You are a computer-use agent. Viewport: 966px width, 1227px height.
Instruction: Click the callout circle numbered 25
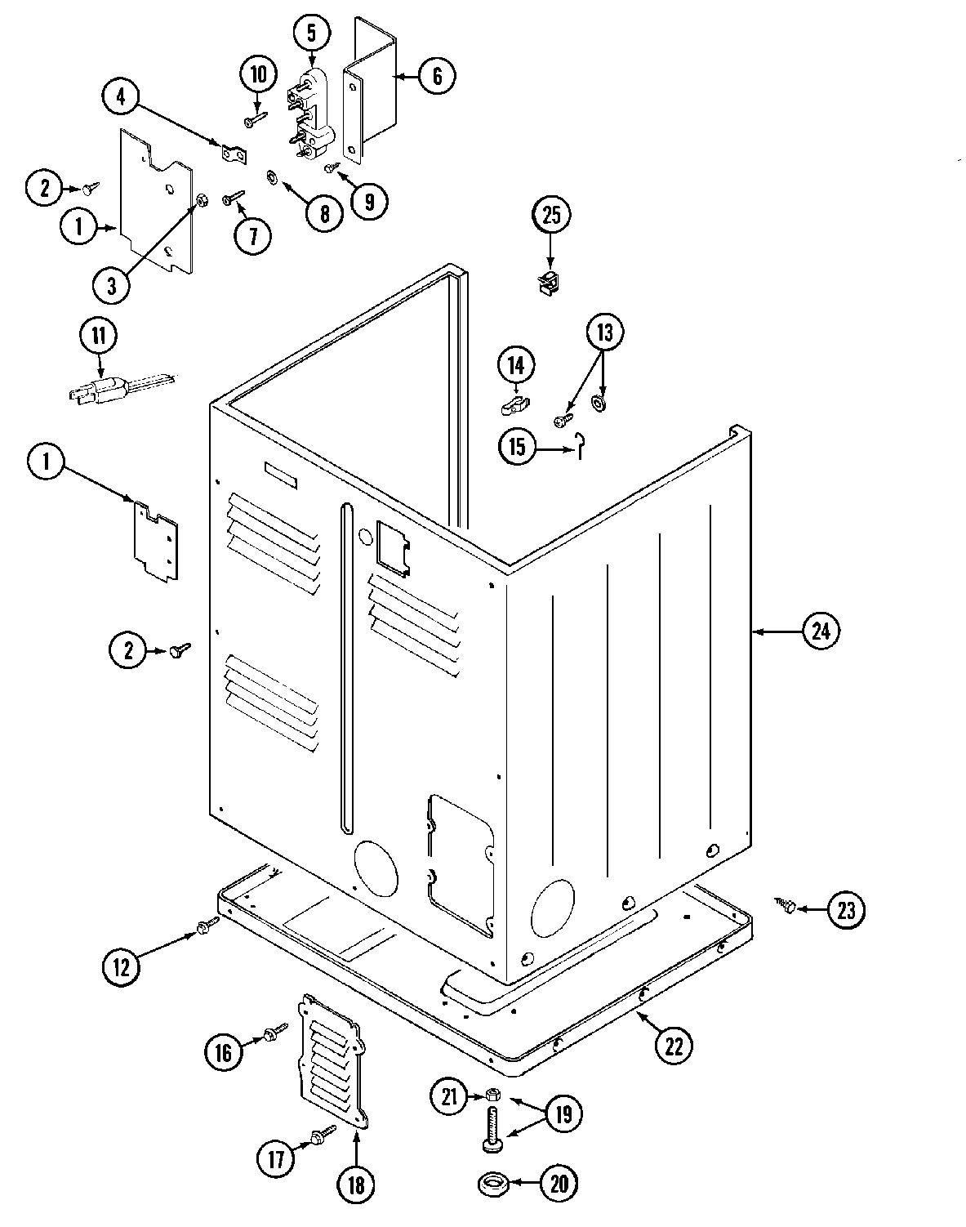click(x=552, y=216)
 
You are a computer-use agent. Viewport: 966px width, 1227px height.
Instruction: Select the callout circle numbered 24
click(x=821, y=631)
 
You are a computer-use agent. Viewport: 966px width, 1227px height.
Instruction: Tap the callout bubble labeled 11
click(x=99, y=335)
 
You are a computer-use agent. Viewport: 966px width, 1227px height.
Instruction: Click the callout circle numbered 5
click(x=311, y=33)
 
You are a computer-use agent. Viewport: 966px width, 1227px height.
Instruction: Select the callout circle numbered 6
click(x=437, y=77)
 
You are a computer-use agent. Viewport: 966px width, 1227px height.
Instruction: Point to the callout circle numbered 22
click(x=673, y=1046)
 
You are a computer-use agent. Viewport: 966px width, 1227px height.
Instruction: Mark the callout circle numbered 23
click(x=846, y=910)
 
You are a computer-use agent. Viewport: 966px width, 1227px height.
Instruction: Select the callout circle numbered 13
click(x=603, y=332)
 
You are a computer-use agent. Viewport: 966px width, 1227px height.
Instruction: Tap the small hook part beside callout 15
click(x=579, y=444)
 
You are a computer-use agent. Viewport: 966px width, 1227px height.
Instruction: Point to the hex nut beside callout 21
click(x=492, y=1095)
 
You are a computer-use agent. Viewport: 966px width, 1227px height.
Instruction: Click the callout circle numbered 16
click(x=224, y=1052)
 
